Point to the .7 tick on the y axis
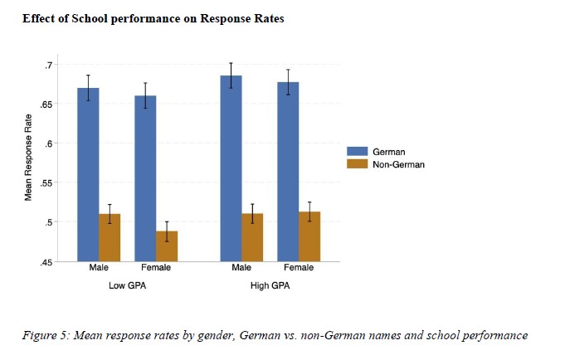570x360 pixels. (49, 65)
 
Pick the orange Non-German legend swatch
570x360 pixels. (358, 164)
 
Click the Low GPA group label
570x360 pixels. (128, 286)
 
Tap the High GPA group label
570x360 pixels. (270, 286)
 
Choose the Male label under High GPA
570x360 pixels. (241, 268)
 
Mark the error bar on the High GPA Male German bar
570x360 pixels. (231, 75)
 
